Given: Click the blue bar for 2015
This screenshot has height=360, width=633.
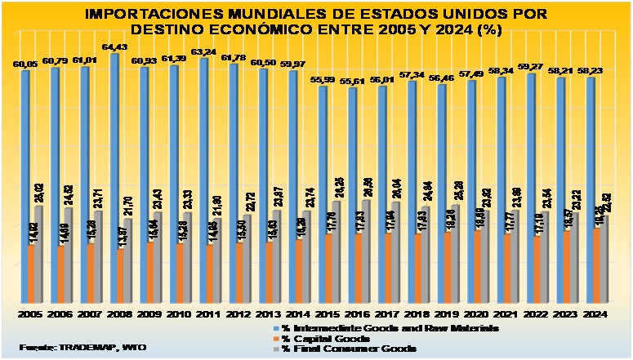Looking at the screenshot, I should pos(323,196).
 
